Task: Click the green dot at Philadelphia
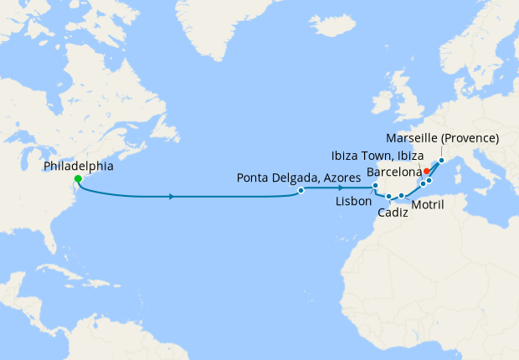pos(78,179)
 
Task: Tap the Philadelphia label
pos(79,167)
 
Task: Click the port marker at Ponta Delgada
pos(301,191)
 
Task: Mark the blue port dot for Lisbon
pos(376,186)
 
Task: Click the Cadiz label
pos(393,213)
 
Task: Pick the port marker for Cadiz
pos(389,197)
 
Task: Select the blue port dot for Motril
pos(402,196)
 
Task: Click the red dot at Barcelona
pos(426,171)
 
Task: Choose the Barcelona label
pos(394,172)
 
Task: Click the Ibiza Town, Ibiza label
pos(377,156)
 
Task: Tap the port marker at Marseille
pos(441,160)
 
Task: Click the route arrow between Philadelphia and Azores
pos(172,197)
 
